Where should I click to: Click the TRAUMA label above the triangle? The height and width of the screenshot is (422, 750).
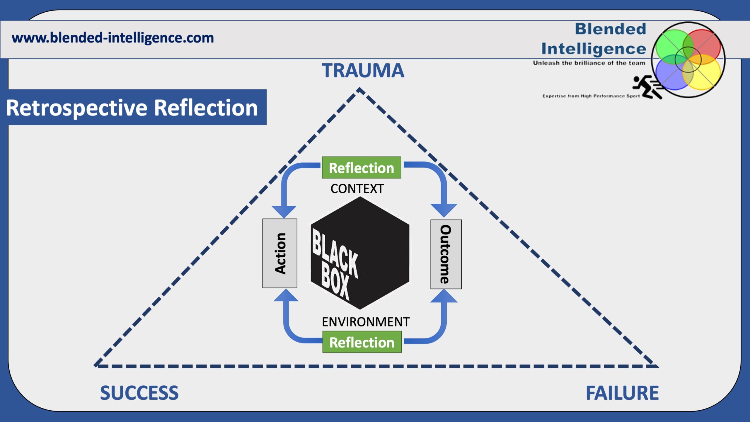coord(363,71)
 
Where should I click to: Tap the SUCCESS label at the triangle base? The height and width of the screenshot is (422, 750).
coord(139,393)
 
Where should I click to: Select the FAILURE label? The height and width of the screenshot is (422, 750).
coord(622,393)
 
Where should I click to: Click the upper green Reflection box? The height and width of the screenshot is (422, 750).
coord(361,168)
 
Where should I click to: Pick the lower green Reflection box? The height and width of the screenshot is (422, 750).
coord(362,342)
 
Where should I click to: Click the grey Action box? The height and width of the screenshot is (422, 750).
coord(280,253)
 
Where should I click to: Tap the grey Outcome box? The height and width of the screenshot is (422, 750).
coord(446,254)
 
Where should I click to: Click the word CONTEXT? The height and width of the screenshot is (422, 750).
coord(357,189)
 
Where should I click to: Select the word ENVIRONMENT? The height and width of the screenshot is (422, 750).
coord(365,322)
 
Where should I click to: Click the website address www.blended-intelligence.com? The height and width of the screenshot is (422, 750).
coord(113,38)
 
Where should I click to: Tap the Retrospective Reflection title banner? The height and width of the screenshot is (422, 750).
coord(132,108)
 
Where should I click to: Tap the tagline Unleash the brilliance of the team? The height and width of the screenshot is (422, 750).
coord(589,63)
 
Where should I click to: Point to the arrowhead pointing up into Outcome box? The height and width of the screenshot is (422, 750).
coord(444,297)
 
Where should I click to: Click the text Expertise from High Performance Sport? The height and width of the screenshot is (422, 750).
coord(591,96)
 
